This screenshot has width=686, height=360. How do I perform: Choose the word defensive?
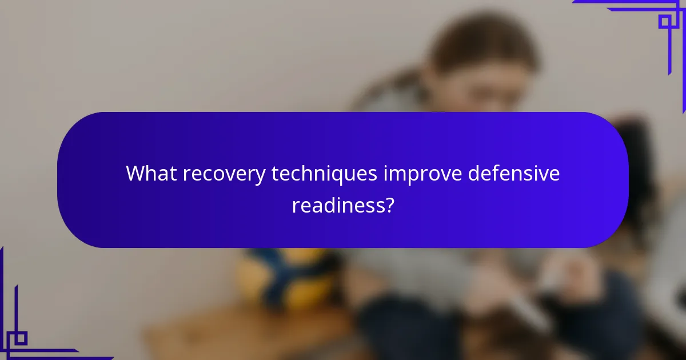(513, 174)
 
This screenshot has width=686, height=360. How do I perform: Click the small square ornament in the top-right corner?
(665, 22)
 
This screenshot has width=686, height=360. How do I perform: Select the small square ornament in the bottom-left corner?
(20, 338)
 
